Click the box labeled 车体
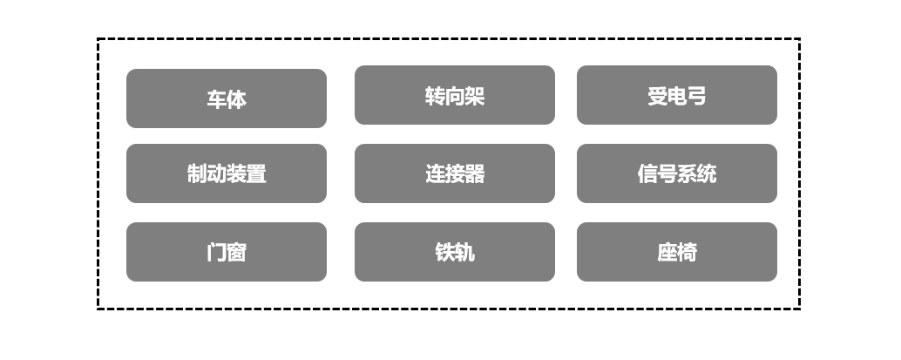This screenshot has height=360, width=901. [227, 98]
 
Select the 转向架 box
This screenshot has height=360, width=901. [454, 95]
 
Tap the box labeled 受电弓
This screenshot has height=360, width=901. [676, 95]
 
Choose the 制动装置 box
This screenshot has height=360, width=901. [227, 173]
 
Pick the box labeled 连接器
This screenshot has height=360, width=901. [454, 173]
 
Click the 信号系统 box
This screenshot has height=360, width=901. [676, 173]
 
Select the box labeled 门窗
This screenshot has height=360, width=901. [227, 252]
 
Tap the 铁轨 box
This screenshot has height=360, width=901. [454, 252]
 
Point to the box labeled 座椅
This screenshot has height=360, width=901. [676, 252]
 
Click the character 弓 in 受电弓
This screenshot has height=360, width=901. [696, 96]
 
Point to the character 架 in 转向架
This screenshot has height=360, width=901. [474, 96]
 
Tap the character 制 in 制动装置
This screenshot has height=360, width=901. [197, 173]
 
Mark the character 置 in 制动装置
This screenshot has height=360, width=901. [256, 173]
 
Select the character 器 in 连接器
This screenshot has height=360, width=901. [474, 173]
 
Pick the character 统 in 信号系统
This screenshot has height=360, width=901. [707, 173]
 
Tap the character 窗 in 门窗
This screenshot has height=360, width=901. [236, 253]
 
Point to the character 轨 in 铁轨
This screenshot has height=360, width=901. [464, 253]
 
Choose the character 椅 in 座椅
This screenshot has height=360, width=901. [687, 253]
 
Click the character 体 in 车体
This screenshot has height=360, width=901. [236, 99]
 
